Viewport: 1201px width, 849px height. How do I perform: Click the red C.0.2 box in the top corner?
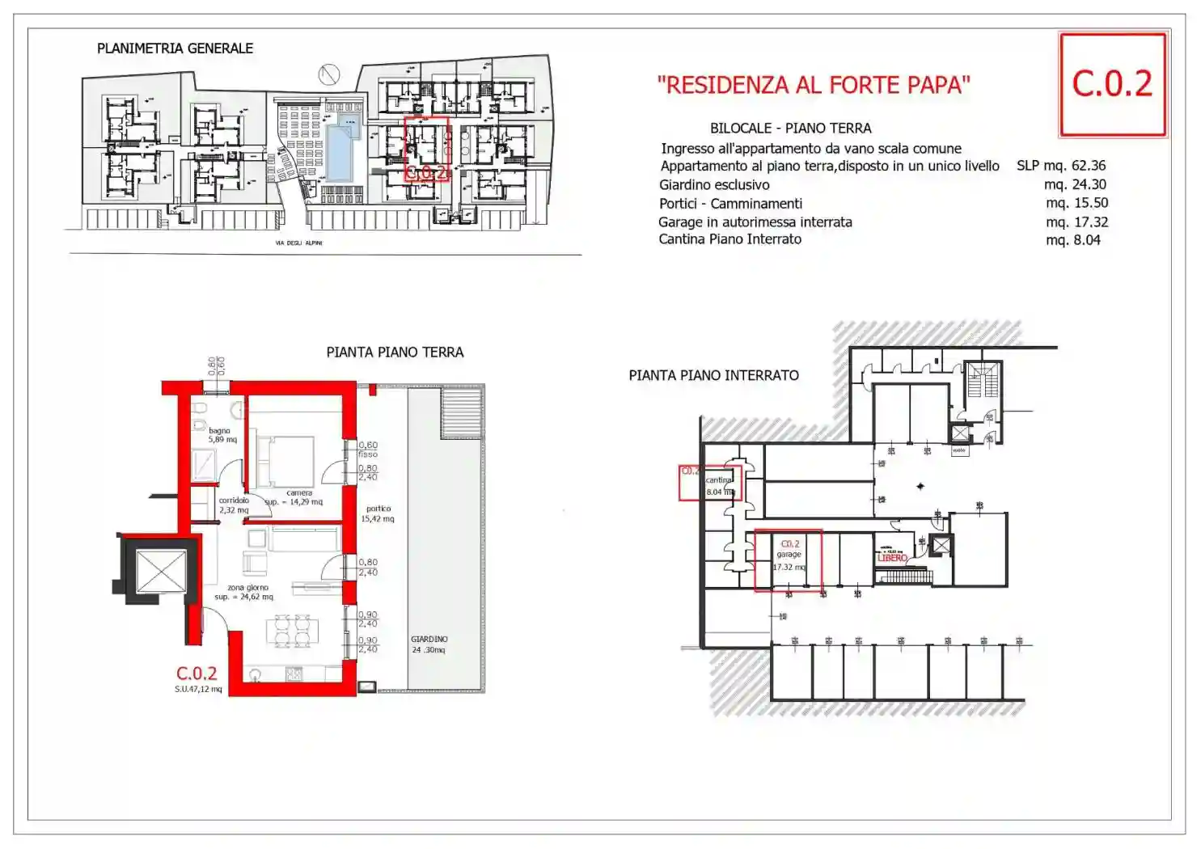tap(1112, 84)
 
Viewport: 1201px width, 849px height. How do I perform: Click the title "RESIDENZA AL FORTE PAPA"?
tap(813, 85)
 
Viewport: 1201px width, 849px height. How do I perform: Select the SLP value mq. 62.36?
tap(1061, 166)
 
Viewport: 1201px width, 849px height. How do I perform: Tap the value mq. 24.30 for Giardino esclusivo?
tap(1075, 184)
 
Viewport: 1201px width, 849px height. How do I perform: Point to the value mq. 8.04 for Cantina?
tap(1072, 240)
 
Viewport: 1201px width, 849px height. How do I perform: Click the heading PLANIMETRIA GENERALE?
tap(175, 49)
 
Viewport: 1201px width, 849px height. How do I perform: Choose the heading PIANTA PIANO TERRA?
tap(395, 353)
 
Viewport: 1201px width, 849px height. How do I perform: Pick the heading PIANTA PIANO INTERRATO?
tap(713, 375)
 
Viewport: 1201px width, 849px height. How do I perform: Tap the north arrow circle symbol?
tap(328, 74)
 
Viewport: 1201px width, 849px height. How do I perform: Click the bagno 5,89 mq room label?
tap(222, 435)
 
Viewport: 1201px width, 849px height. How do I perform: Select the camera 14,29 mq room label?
tap(297, 497)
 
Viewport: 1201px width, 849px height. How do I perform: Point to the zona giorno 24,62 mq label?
tap(245, 593)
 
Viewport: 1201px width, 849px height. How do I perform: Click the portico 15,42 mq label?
tap(378, 513)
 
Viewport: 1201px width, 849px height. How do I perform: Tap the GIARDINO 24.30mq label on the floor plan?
tap(429, 644)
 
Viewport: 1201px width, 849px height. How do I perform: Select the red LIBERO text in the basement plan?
tap(893, 558)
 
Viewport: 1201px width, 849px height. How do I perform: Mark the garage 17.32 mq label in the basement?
tap(789, 555)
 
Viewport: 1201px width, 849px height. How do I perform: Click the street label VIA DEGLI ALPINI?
tap(298, 243)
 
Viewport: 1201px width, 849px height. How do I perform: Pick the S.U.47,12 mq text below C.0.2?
tap(198, 690)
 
